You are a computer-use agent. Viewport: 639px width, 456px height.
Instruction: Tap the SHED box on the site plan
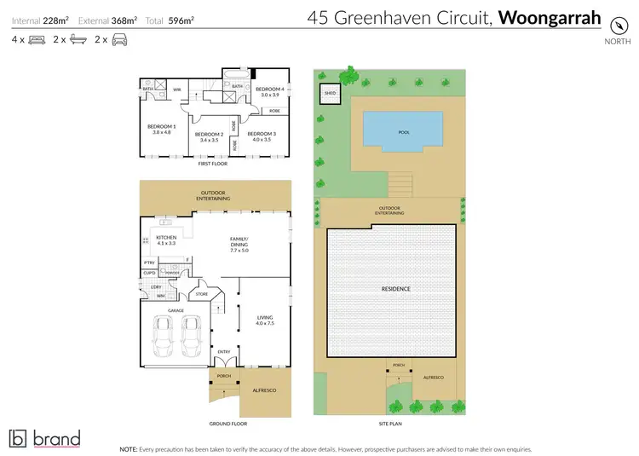[329, 94]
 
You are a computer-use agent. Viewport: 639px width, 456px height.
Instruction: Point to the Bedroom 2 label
[209, 136]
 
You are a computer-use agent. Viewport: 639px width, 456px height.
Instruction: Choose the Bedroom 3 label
[260, 136]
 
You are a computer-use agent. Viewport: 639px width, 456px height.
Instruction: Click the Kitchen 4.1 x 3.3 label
[165, 241]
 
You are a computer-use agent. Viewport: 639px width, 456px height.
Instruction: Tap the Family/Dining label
[239, 245]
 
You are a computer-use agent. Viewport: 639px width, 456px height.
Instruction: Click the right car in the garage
[193, 338]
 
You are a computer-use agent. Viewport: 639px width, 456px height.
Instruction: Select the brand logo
[44, 438]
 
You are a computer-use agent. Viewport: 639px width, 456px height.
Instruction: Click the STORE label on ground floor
[202, 294]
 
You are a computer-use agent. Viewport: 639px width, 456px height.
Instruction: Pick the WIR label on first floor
[177, 89]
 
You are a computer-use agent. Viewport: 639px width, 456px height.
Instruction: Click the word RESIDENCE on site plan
[395, 289]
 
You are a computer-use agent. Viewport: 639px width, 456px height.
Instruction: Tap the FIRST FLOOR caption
[215, 163]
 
